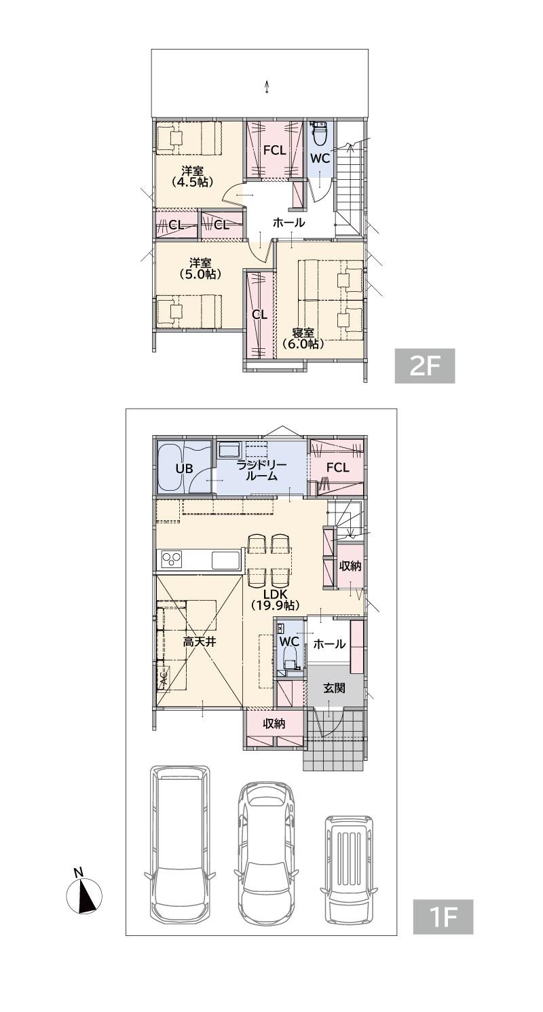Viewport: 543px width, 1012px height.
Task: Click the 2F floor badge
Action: coord(425,366)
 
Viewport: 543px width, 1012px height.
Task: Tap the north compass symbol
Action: coord(84,882)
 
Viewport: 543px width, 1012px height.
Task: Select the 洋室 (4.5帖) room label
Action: coord(192,176)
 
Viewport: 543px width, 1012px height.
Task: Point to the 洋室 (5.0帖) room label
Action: coord(200,268)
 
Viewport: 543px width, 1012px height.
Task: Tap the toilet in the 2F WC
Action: coord(320,132)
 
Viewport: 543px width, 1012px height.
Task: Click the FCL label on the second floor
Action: coord(275,150)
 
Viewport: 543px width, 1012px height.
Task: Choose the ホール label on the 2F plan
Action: coord(288,222)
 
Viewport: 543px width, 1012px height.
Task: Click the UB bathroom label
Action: coord(184,468)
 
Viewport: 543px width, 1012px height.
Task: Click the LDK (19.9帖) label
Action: coord(276,599)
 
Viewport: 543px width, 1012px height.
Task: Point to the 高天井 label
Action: coord(200,641)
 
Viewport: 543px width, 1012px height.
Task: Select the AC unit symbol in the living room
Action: coord(163,677)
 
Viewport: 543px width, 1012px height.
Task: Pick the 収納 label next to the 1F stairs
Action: coord(350,565)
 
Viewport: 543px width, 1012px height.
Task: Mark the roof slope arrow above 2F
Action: coord(267,86)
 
